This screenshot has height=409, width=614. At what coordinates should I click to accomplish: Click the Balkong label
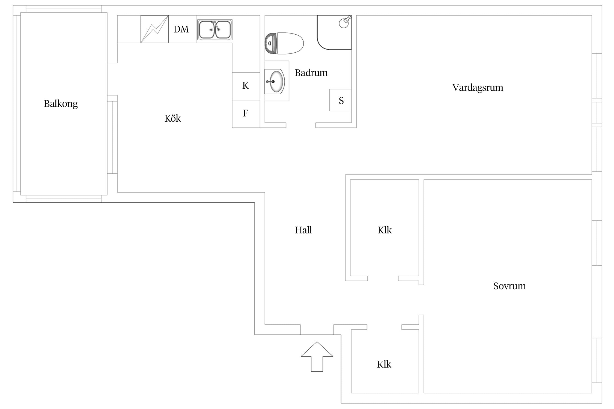coord(61,104)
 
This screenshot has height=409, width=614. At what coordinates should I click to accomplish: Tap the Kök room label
coord(173,118)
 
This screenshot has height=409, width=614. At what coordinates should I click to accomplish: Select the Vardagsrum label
coord(478,88)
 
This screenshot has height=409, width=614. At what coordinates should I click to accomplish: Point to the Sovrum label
coord(509,286)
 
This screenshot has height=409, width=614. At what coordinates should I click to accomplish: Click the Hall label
coord(303,230)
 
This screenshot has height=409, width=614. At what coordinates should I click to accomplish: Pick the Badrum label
coord(311,73)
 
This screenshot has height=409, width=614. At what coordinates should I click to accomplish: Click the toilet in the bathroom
coord(284,43)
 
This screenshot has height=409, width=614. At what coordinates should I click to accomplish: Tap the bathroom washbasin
coord(275,82)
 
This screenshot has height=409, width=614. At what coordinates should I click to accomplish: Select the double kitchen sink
coord(215,29)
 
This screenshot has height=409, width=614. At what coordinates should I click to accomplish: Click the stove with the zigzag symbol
coord(154,29)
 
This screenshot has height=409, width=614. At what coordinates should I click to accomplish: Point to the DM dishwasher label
coord(181,29)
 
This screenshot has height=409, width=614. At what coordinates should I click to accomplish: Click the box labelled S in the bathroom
coord(340,100)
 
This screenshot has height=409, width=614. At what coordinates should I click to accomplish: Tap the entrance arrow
coord(317,356)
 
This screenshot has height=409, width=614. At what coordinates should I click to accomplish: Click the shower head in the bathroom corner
coord(345,22)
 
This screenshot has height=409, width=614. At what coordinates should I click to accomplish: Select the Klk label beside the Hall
coord(385,230)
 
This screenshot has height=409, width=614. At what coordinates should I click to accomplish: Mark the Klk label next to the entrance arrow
coord(384,364)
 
